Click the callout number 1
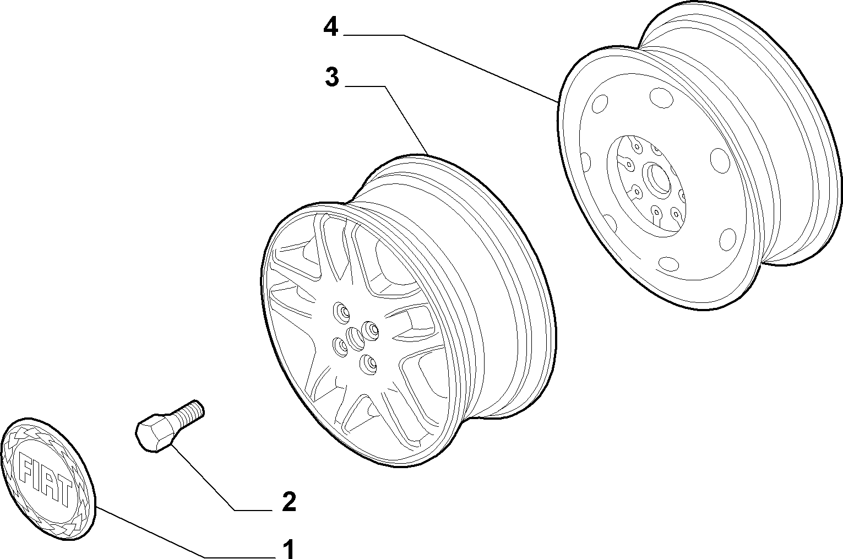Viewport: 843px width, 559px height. [289, 549]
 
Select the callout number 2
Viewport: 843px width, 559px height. [289, 501]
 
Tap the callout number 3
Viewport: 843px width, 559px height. [332, 77]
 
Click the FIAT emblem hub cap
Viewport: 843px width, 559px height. [48, 479]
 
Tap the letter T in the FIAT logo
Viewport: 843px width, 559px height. [63, 492]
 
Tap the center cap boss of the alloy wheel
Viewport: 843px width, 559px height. [355, 338]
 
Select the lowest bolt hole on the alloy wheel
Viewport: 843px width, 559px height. [368, 365]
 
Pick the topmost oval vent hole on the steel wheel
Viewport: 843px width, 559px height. [662, 97]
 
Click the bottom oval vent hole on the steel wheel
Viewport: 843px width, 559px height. [669, 264]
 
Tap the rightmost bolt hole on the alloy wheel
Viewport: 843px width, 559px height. [370, 331]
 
